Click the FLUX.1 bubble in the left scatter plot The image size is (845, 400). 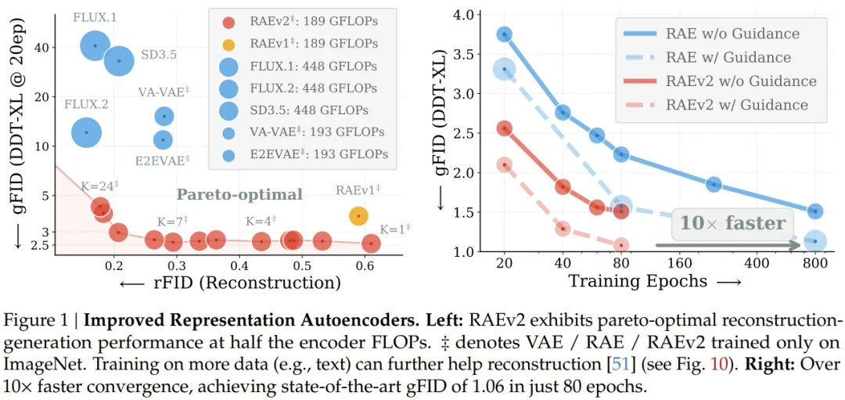[95, 45]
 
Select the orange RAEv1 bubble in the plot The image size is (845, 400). [358, 215]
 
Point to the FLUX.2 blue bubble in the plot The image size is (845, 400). [86, 132]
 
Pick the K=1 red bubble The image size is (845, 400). [371, 243]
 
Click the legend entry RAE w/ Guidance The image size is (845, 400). [716, 57]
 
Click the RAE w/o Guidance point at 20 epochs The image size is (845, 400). [505, 34]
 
